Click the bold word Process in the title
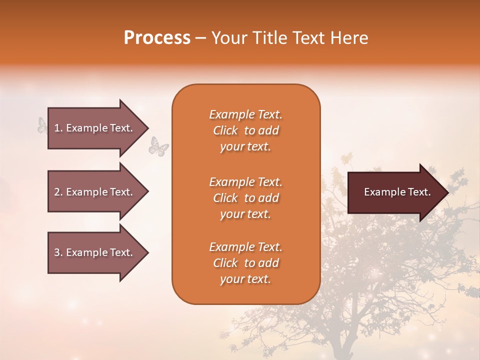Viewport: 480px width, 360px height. point(157,38)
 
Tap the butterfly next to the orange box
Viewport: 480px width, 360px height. point(158,146)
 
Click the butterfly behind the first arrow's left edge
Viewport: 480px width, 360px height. point(42,125)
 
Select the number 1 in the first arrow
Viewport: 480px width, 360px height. point(57,128)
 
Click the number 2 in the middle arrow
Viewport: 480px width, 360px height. point(57,192)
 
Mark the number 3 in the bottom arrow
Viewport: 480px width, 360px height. point(57,252)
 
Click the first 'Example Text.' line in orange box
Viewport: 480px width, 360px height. point(245,114)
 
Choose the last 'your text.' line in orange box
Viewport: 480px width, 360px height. point(245,279)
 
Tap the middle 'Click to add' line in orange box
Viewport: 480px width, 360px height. point(245,198)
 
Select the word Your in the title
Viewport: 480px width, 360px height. point(228,38)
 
